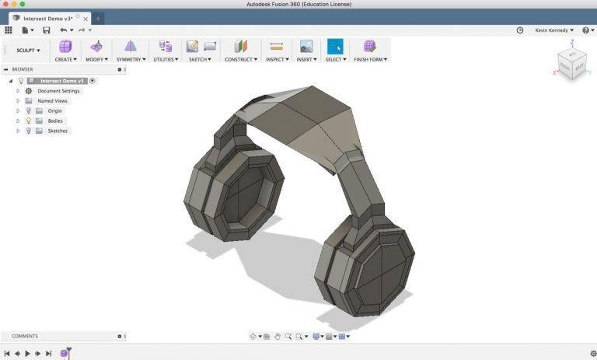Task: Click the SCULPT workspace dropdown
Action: [28, 51]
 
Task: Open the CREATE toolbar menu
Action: [65, 59]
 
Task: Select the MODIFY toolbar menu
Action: [96, 59]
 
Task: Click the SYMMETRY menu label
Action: [131, 59]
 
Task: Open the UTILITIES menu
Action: [165, 59]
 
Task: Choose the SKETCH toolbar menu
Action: [200, 59]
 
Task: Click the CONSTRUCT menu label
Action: [241, 59]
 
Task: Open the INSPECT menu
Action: [276, 59]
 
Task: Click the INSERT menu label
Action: [306, 59]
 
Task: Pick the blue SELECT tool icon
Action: [335, 47]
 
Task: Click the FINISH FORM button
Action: [370, 59]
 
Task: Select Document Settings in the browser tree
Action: [58, 91]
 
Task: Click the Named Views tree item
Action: [52, 101]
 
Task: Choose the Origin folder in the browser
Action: [54, 111]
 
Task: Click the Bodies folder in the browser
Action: [54, 121]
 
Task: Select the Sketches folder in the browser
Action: [57, 131]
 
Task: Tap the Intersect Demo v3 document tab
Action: [49, 18]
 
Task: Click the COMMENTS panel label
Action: [25, 336]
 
